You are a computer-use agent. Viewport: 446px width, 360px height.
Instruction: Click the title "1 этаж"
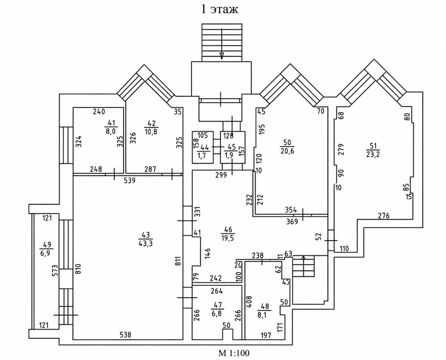(220, 10)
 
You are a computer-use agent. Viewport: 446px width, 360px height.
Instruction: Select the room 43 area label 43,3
(146, 239)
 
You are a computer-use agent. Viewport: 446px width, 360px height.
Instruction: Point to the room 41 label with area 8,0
(111, 127)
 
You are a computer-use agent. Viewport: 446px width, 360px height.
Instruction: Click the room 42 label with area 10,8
(151, 127)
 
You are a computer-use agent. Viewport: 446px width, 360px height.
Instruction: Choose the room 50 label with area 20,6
(287, 147)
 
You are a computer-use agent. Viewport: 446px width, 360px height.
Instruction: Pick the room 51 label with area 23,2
(373, 150)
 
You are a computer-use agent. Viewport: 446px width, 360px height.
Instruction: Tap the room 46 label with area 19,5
(228, 234)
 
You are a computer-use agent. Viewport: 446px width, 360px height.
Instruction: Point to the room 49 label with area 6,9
(46, 248)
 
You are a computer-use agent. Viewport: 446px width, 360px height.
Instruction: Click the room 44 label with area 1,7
(203, 152)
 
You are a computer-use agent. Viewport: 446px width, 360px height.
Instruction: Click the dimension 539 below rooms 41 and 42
(130, 180)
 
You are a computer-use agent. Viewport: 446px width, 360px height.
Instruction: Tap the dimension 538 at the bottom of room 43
(125, 335)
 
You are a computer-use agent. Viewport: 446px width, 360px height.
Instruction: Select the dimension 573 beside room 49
(55, 270)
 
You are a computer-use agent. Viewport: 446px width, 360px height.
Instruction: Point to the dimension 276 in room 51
(384, 215)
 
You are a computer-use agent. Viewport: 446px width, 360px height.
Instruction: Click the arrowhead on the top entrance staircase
(222, 56)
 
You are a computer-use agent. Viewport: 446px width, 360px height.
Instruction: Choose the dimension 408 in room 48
(249, 302)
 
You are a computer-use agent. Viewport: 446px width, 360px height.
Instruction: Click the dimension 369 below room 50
(292, 222)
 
